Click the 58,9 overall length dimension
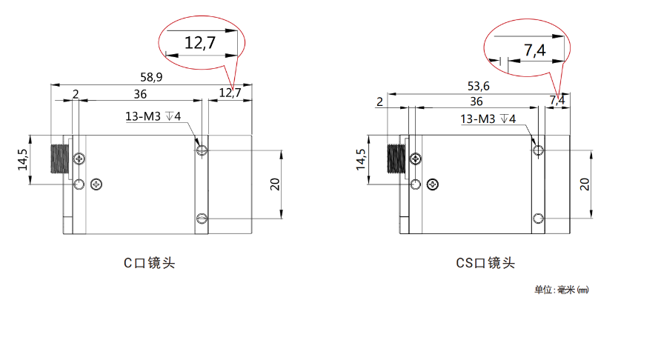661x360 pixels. point(151,77)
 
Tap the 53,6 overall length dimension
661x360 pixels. point(479,86)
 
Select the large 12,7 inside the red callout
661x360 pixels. point(200,42)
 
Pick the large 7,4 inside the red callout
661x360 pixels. point(534,50)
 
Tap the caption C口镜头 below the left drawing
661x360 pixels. point(149,263)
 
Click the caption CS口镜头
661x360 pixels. point(485,263)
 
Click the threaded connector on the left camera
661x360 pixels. point(59,159)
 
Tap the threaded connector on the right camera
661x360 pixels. point(396,159)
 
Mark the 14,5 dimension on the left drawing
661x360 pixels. point(23,159)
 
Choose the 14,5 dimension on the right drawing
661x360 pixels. point(362,159)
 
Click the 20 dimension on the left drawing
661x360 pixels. point(275,184)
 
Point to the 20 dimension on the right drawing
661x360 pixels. point(584,184)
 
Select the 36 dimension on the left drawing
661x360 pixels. point(140,94)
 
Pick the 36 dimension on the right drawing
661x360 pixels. point(476,101)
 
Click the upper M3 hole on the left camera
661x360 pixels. point(202,150)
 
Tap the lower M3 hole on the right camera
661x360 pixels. point(538,219)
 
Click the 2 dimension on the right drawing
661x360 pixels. point(380,102)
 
